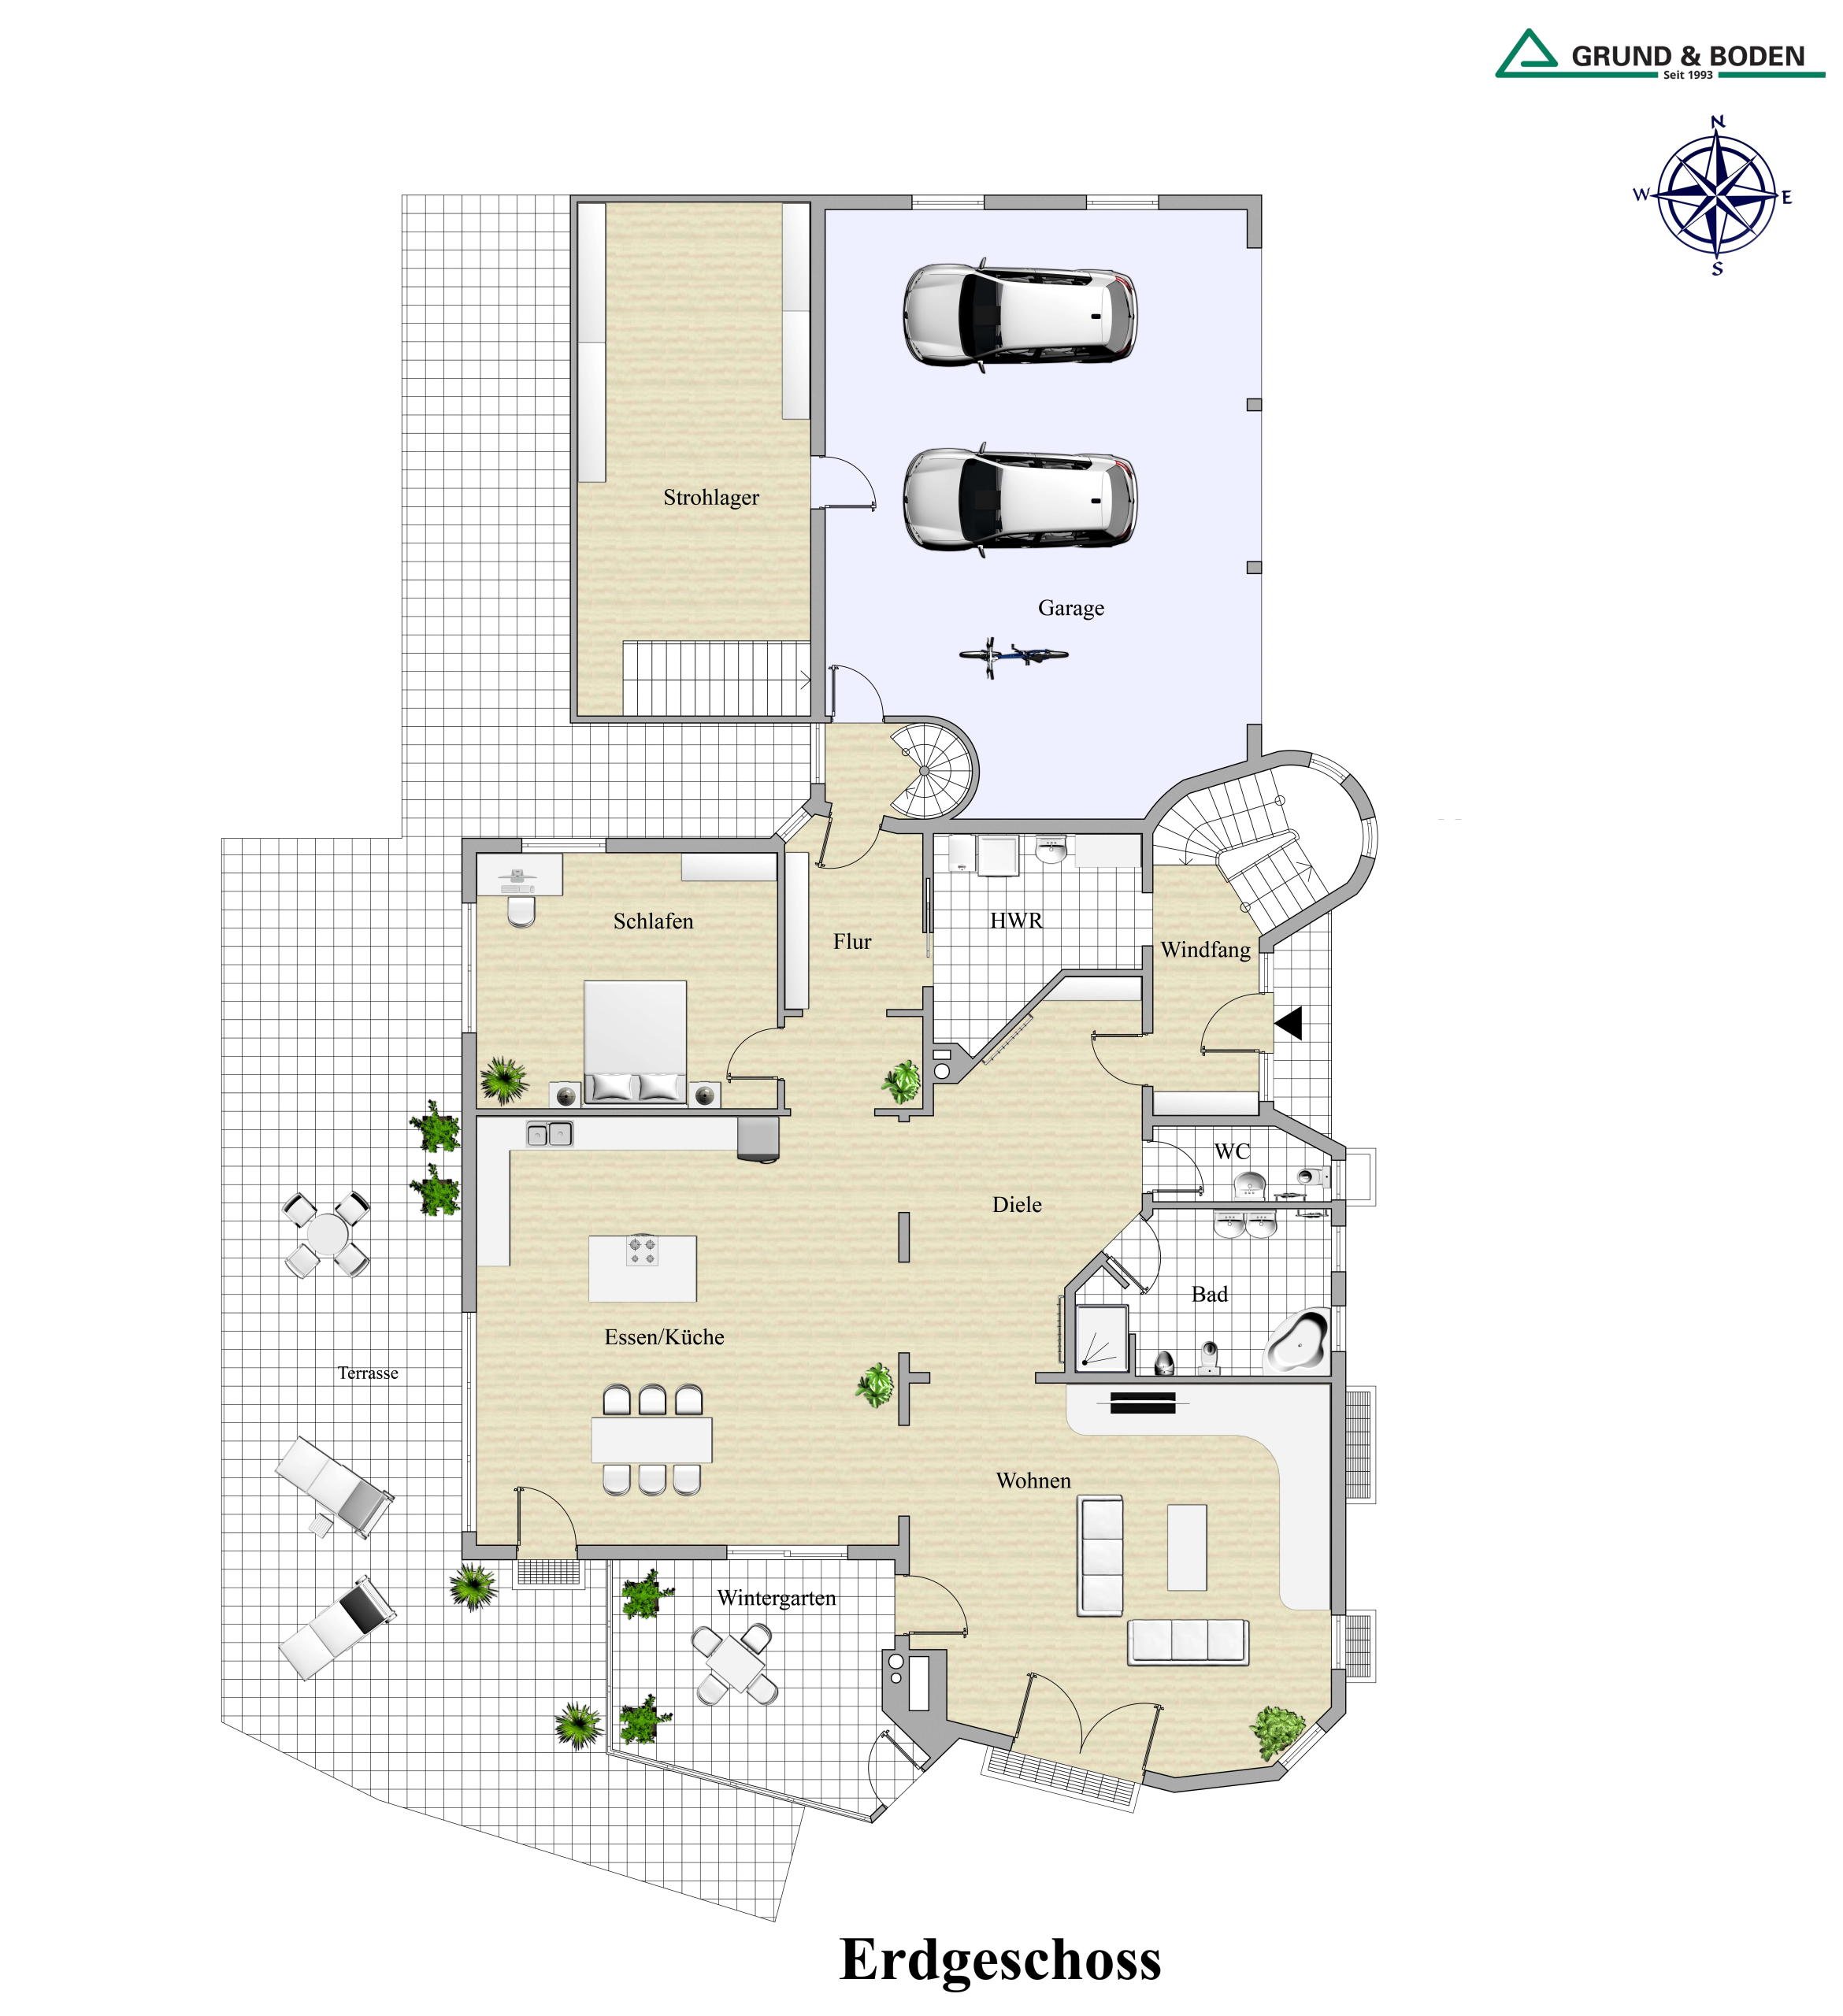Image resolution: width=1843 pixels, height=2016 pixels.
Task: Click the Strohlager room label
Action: click(711, 497)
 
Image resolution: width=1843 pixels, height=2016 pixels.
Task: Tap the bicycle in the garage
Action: click(1013, 656)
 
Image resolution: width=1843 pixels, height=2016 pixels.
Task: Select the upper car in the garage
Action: click(1019, 315)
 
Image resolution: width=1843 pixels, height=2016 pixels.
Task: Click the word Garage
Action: click(1070, 608)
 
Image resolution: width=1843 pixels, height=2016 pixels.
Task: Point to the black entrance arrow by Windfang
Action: click(1289, 1023)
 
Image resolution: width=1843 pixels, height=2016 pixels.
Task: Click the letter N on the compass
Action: click(1717, 122)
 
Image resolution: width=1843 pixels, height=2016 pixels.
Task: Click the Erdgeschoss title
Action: click(1000, 1959)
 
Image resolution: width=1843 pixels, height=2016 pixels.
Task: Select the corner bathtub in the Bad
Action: click(1297, 1340)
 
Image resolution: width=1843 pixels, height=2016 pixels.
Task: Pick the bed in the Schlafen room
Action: click(635, 1042)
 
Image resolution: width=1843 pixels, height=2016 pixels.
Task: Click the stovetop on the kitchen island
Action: click(642, 1249)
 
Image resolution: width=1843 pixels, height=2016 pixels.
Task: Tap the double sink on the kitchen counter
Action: click(549, 1134)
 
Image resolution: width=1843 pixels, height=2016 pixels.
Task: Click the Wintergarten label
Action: click(776, 1598)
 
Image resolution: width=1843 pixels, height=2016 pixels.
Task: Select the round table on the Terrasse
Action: click(326, 1234)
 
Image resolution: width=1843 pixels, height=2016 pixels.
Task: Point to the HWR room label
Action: click(1016, 920)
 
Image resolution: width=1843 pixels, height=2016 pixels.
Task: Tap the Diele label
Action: click(1017, 1205)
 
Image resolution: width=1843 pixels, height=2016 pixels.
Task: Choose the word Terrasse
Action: click(368, 1373)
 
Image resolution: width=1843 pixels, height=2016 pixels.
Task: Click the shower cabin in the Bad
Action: click(1101, 1338)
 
